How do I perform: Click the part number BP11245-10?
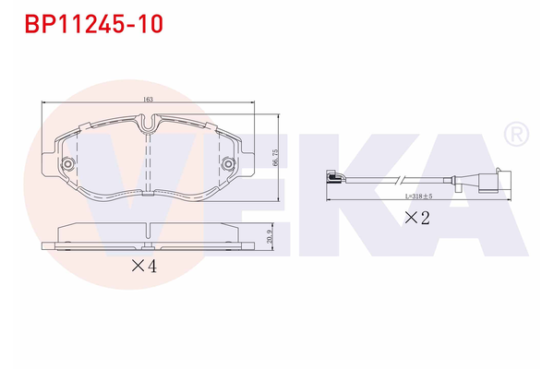tap(93, 24)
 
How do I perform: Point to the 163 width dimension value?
tap(148, 98)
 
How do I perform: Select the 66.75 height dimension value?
tap(274, 159)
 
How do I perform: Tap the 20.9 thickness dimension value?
tap(269, 237)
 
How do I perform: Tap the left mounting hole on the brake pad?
tap(67, 164)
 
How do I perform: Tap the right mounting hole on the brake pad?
tap(227, 164)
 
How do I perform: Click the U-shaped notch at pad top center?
tap(148, 122)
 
